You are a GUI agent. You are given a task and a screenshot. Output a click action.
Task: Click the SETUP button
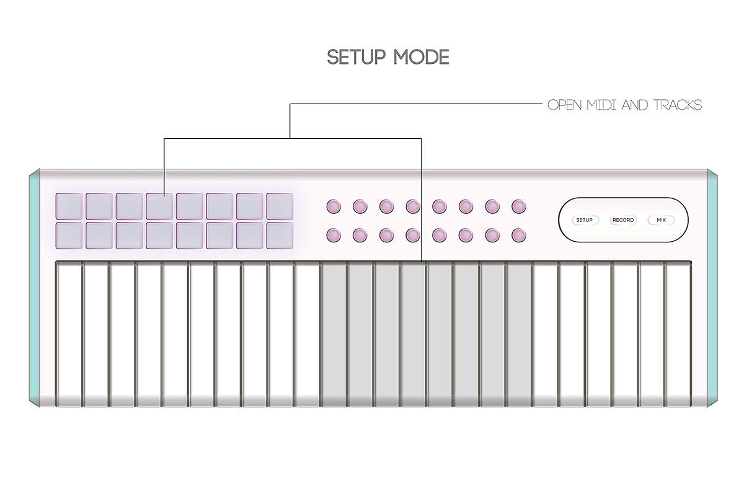coord(585,220)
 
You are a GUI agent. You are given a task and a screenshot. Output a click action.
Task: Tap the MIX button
coord(661,220)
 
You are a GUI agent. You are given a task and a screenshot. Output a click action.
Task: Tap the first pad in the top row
coord(69,206)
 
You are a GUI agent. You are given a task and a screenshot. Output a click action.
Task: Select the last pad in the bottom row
coord(280,235)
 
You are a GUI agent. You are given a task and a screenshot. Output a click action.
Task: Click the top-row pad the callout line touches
coord(159,206)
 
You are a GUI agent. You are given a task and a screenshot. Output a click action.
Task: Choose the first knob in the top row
coord(334,206)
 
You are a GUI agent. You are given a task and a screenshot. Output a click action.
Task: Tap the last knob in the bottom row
coord(519,235)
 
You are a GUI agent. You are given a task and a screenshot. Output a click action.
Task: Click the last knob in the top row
coord(519,206)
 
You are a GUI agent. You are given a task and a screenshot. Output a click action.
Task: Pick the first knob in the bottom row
coord(334,235)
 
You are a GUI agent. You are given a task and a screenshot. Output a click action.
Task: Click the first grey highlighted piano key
coord(334,335)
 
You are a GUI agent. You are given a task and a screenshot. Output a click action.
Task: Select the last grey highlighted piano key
coord(519,335)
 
